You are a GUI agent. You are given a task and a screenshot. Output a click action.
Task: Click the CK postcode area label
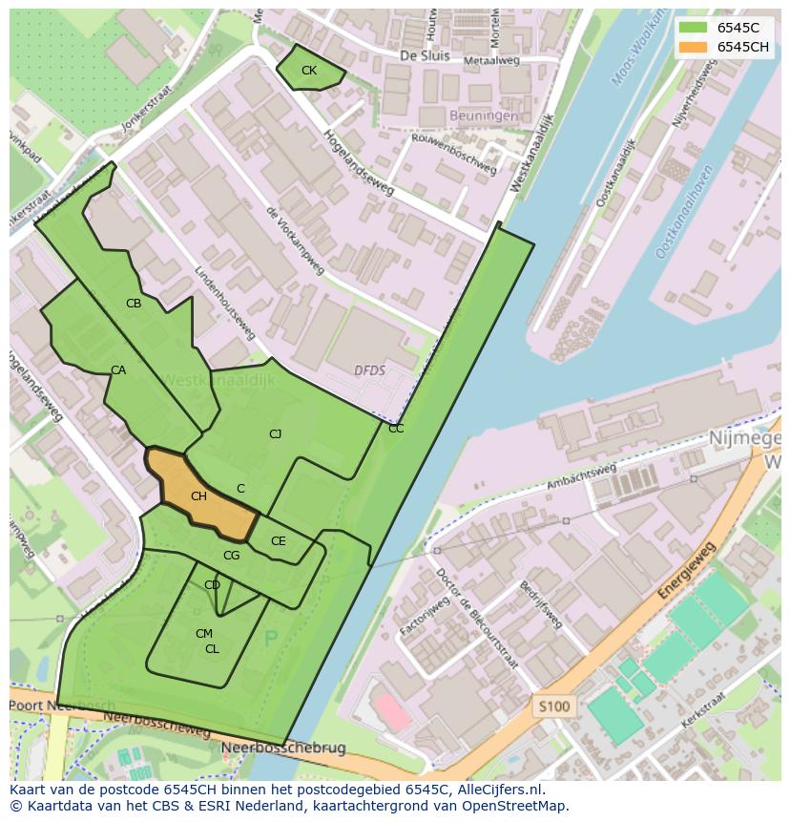click(308, 71)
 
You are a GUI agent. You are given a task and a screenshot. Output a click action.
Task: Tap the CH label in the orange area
click(198, 496)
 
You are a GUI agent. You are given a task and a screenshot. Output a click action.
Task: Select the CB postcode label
click(134, 304)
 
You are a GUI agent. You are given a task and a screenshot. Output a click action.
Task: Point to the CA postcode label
click(117, 370)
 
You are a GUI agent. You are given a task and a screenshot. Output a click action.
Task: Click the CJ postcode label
click(275, 434)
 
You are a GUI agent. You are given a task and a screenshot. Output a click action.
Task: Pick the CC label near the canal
click(396, 429)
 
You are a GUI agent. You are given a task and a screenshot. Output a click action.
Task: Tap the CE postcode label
click(278, 541)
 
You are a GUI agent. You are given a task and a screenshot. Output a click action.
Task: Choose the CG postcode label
click(231, 556)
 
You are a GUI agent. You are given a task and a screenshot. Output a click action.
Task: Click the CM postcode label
click(203, 634)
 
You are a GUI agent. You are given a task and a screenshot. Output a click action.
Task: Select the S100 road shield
click(552, 707)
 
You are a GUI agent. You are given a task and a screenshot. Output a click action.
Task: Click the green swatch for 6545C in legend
click(694, 28)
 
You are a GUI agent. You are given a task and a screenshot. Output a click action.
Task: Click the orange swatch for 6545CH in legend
click(694, 48)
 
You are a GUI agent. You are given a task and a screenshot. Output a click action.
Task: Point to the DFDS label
click(369, 370)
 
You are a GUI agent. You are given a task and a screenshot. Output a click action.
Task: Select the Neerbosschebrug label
click(283, 748)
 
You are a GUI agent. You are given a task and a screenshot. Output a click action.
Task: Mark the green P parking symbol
click(271, 640)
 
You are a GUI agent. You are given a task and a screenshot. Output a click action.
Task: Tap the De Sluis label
click(424, 55)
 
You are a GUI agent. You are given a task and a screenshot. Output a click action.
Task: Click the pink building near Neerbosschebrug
click(393, 712)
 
